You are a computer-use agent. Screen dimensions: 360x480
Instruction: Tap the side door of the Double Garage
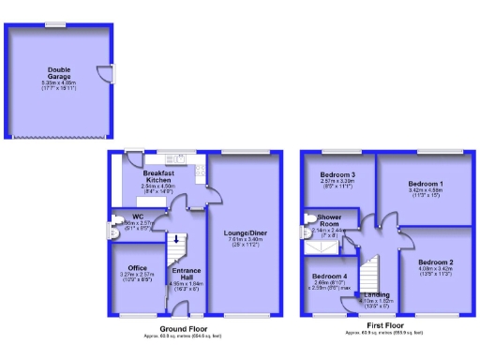[109, 74]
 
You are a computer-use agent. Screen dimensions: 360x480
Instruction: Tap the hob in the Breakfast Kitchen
[200, 169]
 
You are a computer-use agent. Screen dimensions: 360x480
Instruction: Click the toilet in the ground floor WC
[116, 225]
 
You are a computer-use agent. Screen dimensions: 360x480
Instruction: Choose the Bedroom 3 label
[337, 175]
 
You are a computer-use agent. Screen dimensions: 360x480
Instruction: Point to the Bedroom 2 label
[435, 261]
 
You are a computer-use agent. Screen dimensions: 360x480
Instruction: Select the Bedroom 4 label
[330, 277]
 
